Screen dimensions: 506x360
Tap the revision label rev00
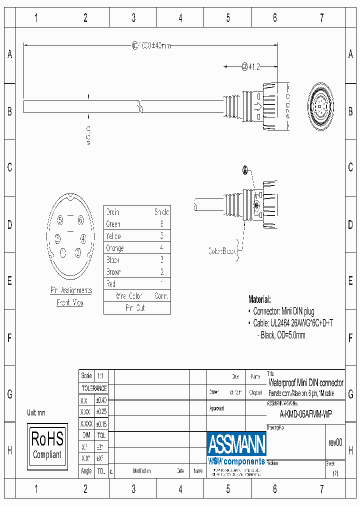point(335,442)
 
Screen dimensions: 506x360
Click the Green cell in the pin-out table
point(113,224)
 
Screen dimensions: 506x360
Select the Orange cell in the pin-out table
point(115,248)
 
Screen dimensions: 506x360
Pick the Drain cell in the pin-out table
point(113,212)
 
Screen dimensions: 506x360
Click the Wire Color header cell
point(129,296)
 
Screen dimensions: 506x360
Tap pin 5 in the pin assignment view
point(60,220)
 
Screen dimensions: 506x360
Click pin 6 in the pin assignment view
point(80,220)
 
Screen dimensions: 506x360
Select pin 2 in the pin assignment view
point(78,252)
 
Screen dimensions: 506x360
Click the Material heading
point(259,299)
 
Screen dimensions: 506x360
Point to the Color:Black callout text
point(222,251)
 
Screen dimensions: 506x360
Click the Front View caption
point(70,303)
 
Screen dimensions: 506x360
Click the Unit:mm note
point(36,412)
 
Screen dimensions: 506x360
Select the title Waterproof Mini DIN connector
point(306,383)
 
